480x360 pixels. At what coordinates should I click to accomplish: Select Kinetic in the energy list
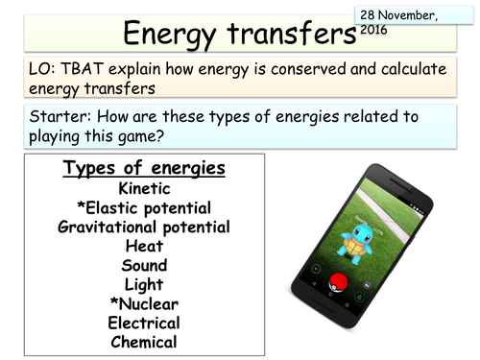click(143, 188)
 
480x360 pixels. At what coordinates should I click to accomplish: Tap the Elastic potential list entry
click(143, 207)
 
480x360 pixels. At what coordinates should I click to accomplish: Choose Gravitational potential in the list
click(143, 227)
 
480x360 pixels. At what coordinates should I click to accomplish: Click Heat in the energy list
click(143, 246)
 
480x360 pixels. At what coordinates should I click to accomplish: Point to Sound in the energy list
click(143, 265)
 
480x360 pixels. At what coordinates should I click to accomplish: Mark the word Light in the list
click(143, 284)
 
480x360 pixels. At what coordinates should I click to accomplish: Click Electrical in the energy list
click(143, 323)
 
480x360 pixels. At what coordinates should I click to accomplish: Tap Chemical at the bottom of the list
click(143, 342)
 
